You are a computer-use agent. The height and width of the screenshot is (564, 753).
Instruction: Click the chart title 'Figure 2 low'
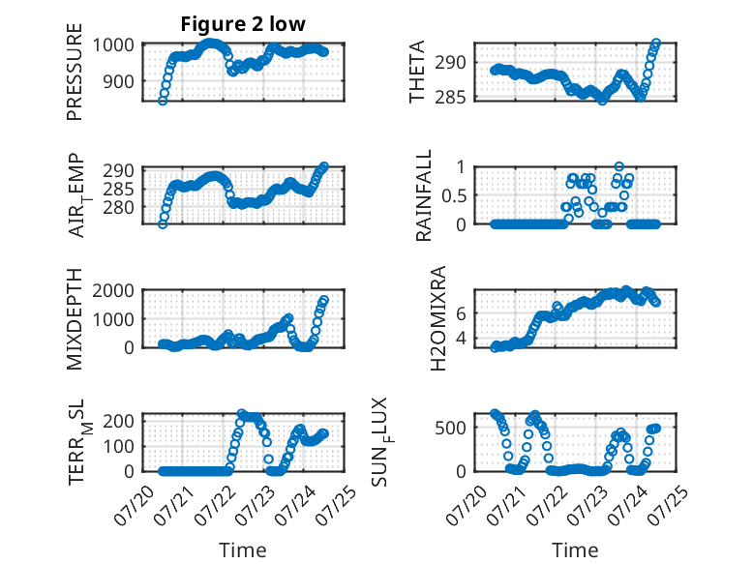243,24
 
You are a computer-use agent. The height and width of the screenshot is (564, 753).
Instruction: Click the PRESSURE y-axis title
75,72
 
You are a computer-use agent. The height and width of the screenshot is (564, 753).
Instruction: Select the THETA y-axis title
417,72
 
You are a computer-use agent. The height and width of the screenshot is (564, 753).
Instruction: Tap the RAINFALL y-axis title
424,195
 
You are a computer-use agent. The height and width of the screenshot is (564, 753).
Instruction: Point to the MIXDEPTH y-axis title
75,319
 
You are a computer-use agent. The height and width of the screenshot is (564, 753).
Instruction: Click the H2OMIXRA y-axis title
438,318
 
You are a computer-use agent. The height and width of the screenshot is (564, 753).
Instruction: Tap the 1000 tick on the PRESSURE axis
113,45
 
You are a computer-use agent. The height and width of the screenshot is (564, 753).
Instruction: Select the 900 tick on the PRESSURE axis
118,82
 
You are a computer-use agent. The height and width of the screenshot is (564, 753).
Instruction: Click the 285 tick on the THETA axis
450,98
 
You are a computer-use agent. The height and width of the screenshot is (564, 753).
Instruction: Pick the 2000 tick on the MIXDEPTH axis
113,291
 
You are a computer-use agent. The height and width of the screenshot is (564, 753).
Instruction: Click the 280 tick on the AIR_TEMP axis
118,208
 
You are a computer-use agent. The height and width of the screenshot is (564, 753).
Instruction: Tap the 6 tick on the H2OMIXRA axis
461,313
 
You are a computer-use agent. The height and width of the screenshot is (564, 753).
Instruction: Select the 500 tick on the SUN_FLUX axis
450,428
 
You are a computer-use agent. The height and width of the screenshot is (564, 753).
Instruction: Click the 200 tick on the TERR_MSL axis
118,421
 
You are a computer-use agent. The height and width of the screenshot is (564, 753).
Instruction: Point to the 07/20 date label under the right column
465,503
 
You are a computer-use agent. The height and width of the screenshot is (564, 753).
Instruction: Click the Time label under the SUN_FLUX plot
575,549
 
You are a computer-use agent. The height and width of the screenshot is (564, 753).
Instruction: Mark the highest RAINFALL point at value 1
619,166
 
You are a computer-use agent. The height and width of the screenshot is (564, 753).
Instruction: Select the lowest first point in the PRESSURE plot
163,101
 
